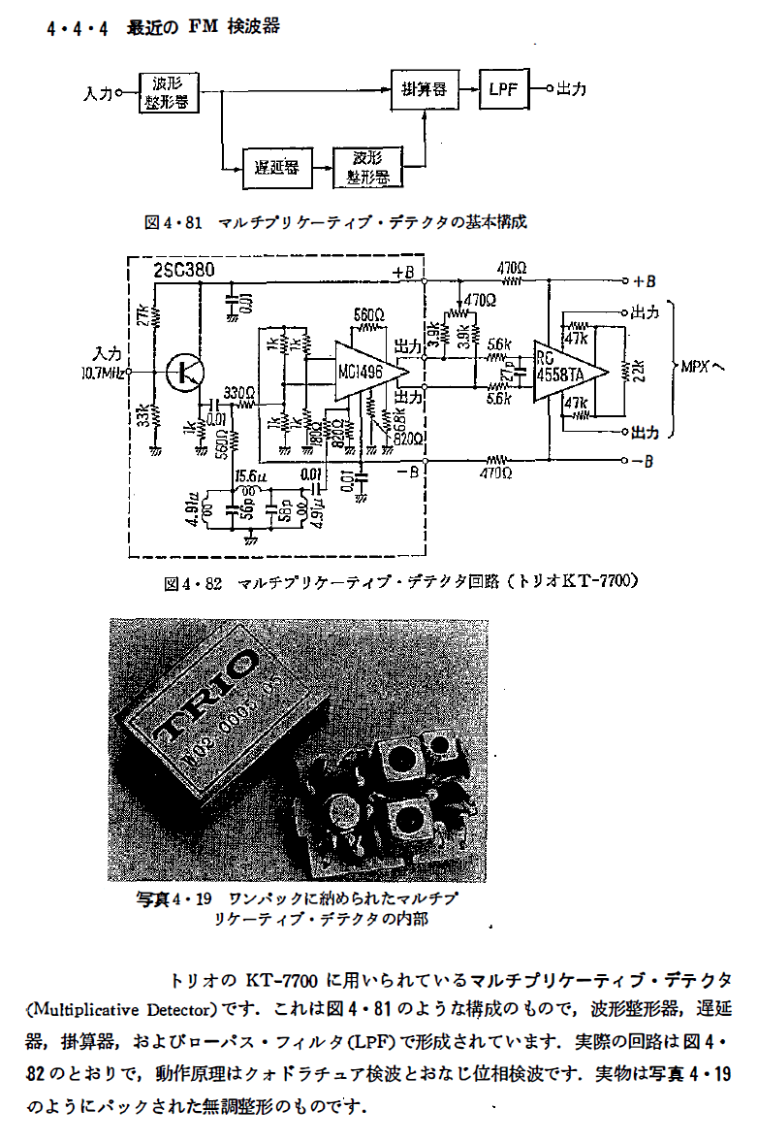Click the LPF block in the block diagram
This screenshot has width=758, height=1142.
(504, 90)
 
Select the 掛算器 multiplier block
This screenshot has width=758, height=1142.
(424, 90)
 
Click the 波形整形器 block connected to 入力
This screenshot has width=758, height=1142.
(170, 93)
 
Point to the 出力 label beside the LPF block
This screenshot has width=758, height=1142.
(571, 89)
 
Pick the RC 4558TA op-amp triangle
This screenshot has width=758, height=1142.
(568, 370)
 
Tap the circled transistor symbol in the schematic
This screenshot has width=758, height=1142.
(183, 372)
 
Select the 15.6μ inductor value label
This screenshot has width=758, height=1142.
(251, 474)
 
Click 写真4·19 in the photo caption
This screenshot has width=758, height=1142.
(175, 898)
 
